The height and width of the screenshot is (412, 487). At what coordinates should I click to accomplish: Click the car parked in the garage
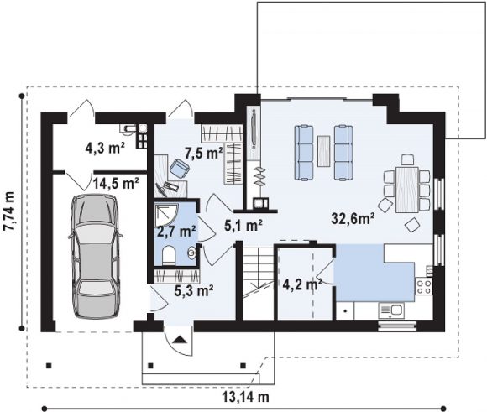point(96,256)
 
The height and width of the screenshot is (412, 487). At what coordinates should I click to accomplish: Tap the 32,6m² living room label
point(353,218)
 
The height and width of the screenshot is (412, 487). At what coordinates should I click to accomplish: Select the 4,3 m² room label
point(105,148)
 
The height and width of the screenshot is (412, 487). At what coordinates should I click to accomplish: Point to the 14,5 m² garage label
point(116,184)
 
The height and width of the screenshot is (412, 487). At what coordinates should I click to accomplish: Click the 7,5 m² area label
point(204,153)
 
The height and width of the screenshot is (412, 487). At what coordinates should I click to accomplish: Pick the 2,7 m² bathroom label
point(176,232)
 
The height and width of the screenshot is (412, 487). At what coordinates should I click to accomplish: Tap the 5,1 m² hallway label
point(243,225)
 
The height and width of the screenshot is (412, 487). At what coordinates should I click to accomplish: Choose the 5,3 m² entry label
point(193,290)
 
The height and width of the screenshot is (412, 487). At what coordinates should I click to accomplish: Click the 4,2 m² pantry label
point(302,284)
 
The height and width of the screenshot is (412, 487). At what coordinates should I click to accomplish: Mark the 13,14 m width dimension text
point(245,396)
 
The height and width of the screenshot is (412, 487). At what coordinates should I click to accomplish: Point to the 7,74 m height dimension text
point(9,211)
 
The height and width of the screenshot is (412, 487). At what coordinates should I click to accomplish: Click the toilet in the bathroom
point(169,255)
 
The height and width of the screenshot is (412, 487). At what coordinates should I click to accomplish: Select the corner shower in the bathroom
point(166,215)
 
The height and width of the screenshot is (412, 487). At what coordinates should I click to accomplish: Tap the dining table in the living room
point(407,190)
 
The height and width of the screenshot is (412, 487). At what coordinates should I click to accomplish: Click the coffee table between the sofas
point(323,151)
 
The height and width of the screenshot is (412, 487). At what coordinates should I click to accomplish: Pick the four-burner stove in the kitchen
point(424,286)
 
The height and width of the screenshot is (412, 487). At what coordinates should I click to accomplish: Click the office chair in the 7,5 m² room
point(180,168)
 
